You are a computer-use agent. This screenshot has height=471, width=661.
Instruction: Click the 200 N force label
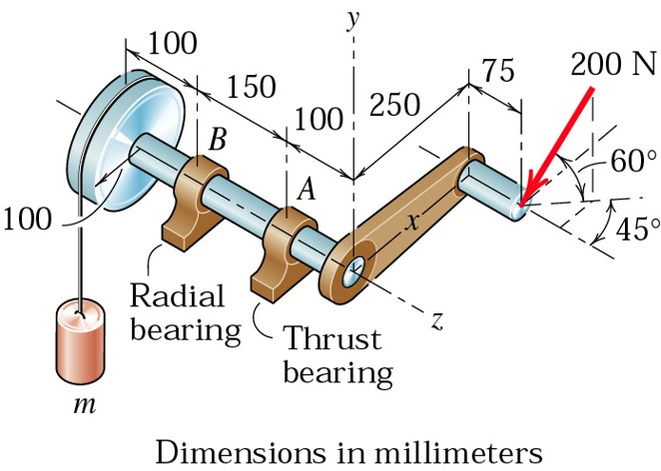click(x=613, y=65)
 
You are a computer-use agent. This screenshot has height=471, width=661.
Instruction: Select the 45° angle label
click(x=634, y=229)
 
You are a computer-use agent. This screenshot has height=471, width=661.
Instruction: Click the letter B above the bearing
click(x=217, y=140)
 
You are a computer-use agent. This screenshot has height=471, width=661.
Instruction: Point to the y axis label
click(x=351, y=19)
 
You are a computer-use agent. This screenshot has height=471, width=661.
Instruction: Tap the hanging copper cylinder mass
click(x=80, y=342)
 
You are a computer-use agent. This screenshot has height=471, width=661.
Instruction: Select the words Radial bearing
click(x=184, y=312)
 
